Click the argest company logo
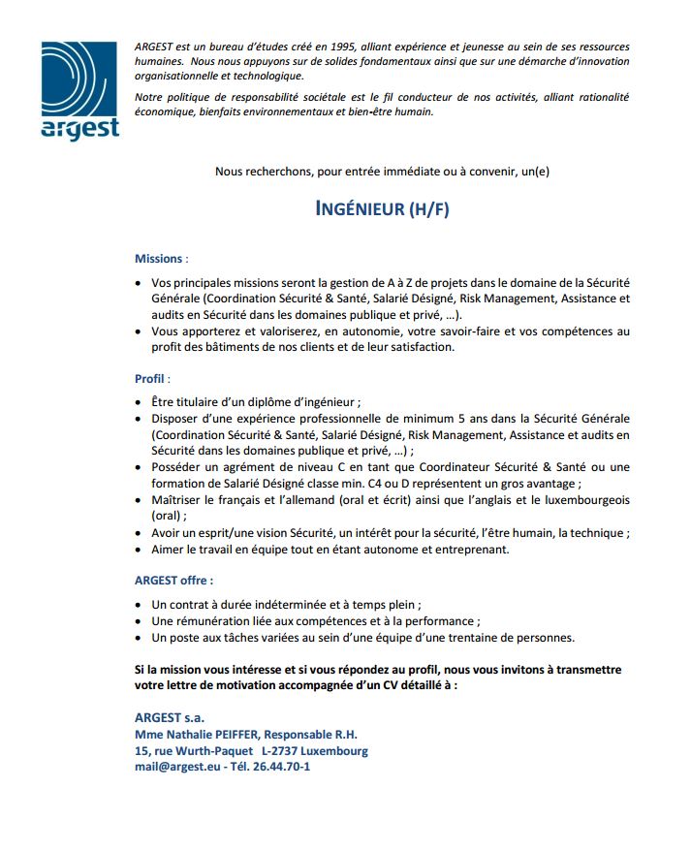pos(79,91)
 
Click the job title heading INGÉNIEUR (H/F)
pos(383,209)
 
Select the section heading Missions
pos(158,259)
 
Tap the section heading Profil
pos(149,378)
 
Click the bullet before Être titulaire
pos(137,402)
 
